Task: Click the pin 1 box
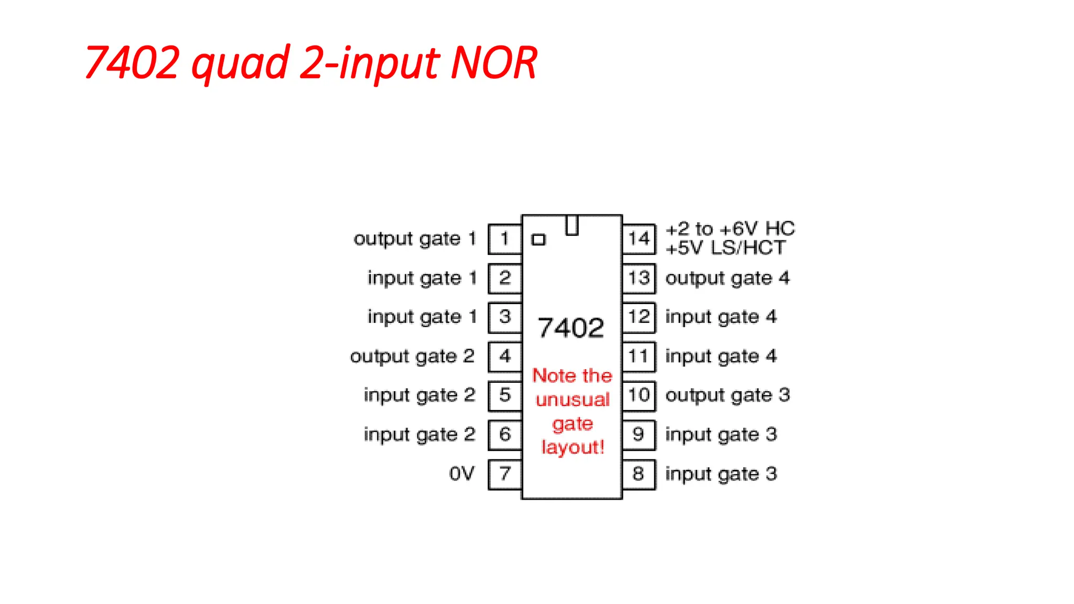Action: (504, 239)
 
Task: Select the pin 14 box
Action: (639, 239)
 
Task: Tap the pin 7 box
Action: (504, 474)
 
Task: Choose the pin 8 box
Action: (639, 474)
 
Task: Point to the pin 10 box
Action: (639, 395)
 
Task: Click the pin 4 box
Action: (504, 357)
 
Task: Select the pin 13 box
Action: (639, 278)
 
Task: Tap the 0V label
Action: (461, 474)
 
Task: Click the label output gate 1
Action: (414, 239)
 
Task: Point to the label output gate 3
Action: (727, 395)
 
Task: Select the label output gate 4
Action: (727, 278)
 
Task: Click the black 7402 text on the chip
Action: (571, 328)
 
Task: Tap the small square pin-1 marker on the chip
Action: (539, 240)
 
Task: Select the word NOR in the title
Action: (494, 63)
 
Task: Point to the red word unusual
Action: (573, 400)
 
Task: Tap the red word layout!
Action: (573, 448)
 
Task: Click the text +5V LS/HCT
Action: (726, 248)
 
